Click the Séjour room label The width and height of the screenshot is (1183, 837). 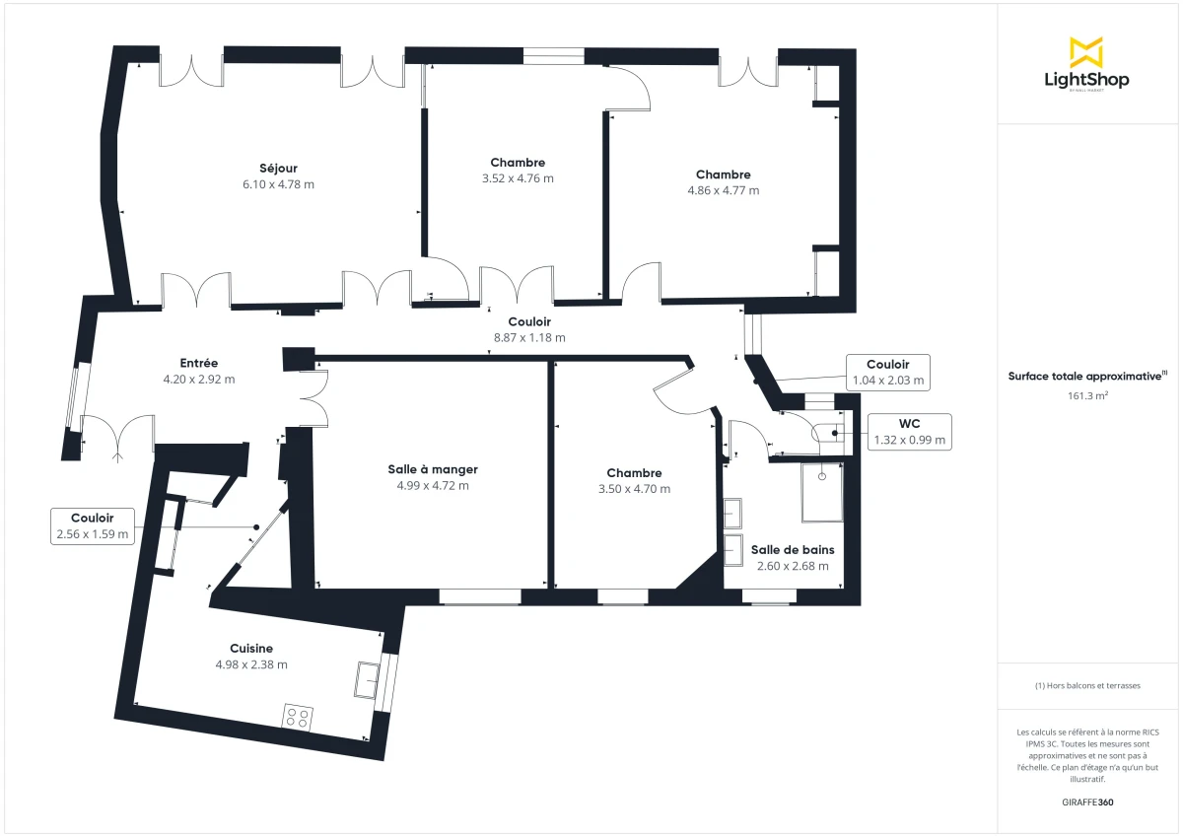[x=278, y=168]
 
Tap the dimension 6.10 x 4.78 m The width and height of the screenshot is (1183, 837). [x=278, y=184]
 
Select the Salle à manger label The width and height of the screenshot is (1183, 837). [x=433, y=469]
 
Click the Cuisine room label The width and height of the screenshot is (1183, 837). [x=251, y=649]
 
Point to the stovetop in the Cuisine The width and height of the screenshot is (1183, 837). [x=298, y=717]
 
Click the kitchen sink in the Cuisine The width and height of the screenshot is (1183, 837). [x=369, y=679]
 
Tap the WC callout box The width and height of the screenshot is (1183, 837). [x=908, y=432]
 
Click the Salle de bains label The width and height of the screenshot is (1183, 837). [x=792, y=550]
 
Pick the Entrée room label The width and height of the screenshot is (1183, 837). [x=198, y=363]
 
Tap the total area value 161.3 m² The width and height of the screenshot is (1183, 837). [x=1087, y=396]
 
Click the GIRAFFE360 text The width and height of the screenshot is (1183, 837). [x=1087, y=802]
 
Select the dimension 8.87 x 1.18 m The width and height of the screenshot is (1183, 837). [x=529, y=337]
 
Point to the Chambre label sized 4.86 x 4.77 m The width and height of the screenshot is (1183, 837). [x=723, y=174]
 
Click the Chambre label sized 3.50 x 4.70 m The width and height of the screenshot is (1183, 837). [x=634, y=473]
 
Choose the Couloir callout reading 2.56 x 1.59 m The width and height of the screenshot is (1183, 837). [x=92, y=526]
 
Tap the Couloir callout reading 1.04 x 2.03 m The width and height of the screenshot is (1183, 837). [x=888, y=372]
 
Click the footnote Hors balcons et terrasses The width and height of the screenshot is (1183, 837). [x=1087, y=685]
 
